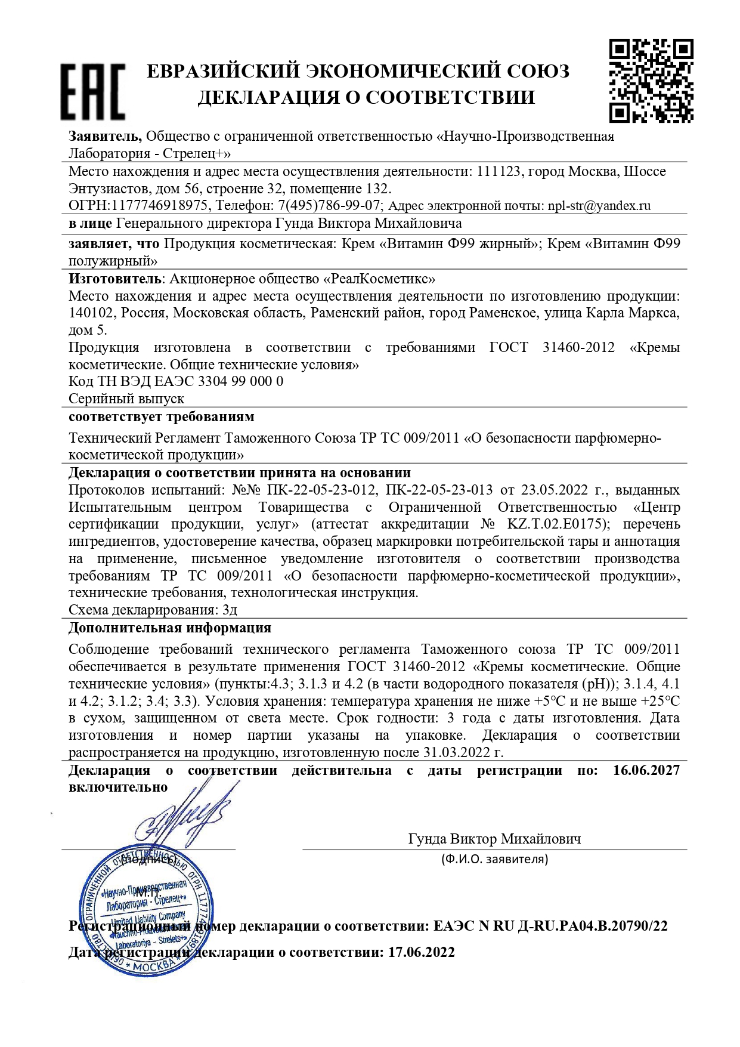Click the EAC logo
click(92, 92)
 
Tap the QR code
click(651, 81)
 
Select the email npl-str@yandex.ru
click(599, 206)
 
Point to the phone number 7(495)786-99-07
click(329, 206)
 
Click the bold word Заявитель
click(105, 137)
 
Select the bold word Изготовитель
click(114, 279)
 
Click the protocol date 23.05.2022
click(554, 490)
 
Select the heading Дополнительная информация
click(170, 628)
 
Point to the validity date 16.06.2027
click(646, 771)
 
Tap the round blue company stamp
click(145, 910)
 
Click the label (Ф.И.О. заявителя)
click(494, 859)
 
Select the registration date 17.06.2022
click(421, 953)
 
